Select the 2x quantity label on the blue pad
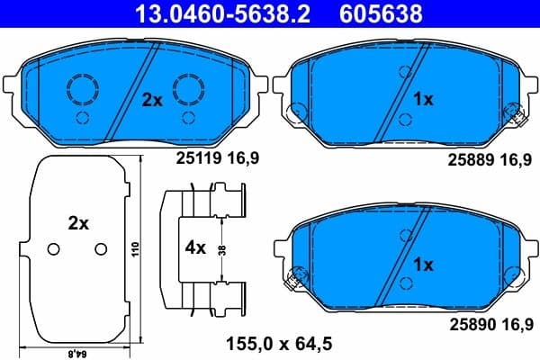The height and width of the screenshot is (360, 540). tap(151, 102)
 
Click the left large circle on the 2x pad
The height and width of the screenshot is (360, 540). tap(83, 88)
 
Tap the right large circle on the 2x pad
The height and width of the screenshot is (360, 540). tap(190, 88)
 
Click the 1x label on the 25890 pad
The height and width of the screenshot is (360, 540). tap(423, 265)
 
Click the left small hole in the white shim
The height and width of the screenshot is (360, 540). tap(52, 249)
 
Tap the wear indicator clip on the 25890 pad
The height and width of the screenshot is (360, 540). tap(292, 280)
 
